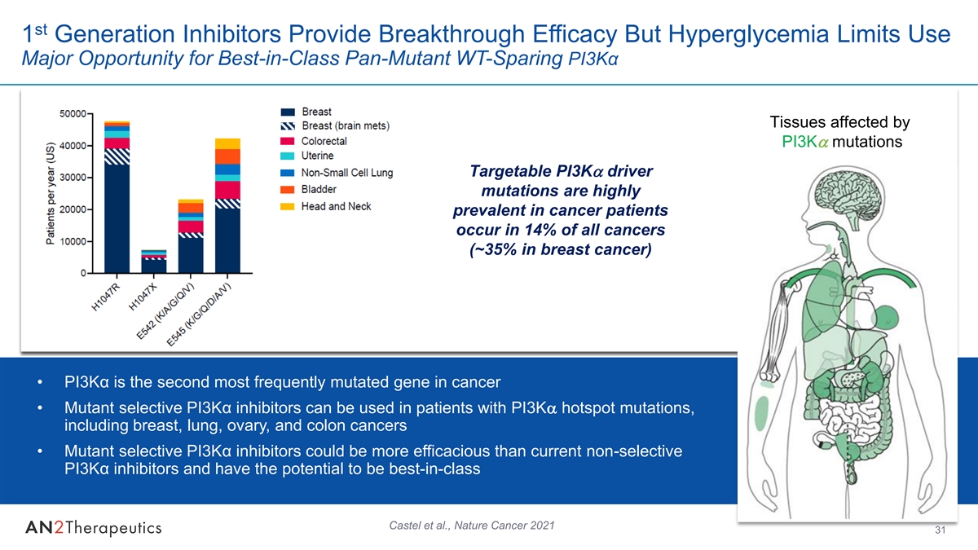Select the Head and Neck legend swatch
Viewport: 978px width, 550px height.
coord(287,206)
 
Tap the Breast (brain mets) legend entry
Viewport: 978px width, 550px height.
coord(335,125)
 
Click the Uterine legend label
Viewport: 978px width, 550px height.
coord(317,156)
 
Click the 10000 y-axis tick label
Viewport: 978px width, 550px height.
coord(73,242)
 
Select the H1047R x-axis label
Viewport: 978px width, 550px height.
coord(105,297)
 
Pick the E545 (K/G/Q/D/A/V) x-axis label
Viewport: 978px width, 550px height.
coord(199,314)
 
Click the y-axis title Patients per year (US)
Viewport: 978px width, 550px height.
coord(51,193)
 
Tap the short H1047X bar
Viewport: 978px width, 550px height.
coord(154,262)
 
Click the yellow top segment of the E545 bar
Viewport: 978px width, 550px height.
coord(227,143)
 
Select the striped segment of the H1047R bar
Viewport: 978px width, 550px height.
coord(117,156)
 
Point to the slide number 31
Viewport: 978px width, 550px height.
coord(940,530)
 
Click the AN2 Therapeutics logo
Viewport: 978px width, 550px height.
coord(94,528)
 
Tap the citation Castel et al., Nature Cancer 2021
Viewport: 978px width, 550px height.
coord(472,526)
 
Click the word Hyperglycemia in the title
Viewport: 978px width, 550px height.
coord(748,35)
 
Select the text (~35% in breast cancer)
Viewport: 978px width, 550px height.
coord(561,249)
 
